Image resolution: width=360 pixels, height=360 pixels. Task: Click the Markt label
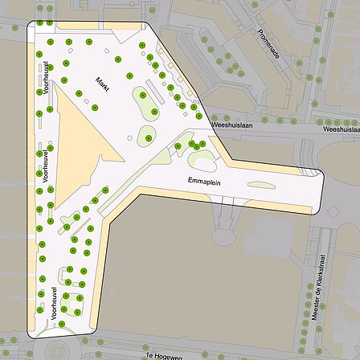coord(102,83)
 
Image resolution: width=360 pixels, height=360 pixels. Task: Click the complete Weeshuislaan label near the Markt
coord(231,125)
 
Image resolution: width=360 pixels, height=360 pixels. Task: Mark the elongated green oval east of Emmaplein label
coord(260,186)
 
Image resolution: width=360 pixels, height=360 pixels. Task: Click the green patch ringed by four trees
coord(72,304)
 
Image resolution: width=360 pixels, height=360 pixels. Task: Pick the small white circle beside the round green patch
coord(130,137)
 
